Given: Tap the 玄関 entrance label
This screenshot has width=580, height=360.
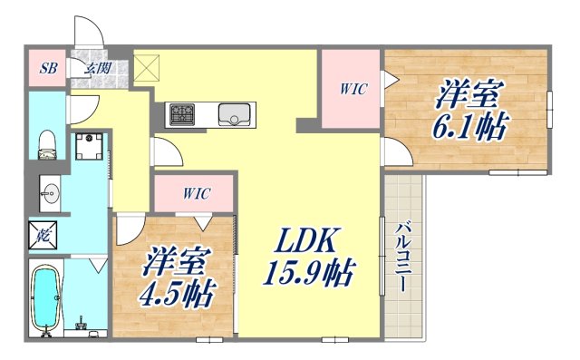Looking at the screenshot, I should tap(97, 68).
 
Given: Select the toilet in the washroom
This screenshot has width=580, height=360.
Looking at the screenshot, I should tap(48, 141).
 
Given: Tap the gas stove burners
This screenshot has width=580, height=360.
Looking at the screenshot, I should tap(181, 115).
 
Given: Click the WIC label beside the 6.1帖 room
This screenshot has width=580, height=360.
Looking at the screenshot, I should tap(353, 89).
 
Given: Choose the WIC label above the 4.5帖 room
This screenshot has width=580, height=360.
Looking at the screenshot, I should tap(194, 193).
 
